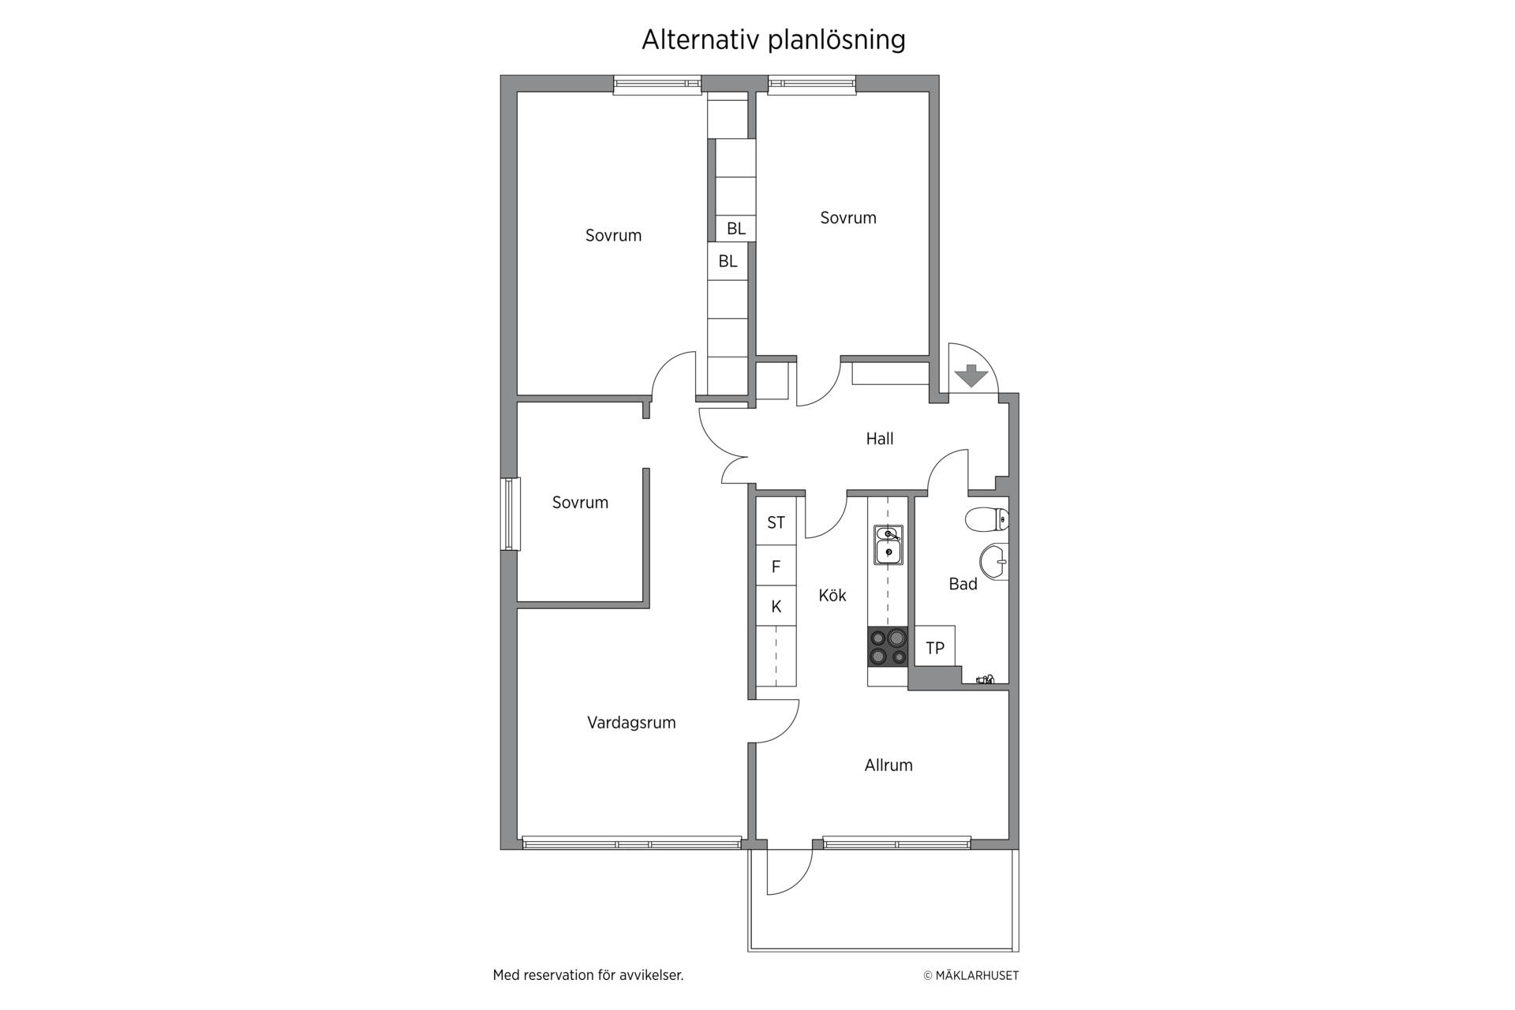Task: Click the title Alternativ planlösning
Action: [x=773, y=39]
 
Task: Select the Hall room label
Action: [x=880, y=439]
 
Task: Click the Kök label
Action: [x=832, y=595]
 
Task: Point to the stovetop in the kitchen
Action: [x=888, y=646]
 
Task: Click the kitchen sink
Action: [x=888, y=545]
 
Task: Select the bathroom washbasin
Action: [x=994, y=562]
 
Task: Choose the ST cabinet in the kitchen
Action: [x=776, y=522]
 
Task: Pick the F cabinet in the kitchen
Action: [x=776, y=566]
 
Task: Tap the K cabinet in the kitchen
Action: [x=776, y=606]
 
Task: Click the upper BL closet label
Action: [x=736, y=228]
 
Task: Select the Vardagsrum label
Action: [x=631, y=722]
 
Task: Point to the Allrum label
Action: [x=888, y=765]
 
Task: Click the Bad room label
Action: [x=963, y=584]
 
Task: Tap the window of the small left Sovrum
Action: [x=511, y=514]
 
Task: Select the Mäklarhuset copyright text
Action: [x=971, y=975]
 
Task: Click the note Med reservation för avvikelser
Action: [x=588, y=975]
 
